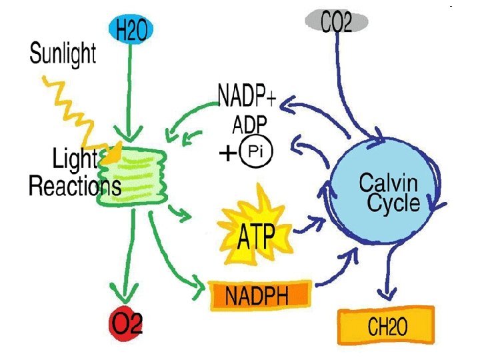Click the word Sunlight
pos(63,53)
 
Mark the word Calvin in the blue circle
pos(389,182)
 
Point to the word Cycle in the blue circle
pos(393,203)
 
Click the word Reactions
pos(75,186)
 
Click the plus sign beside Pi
pos(227,155)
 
